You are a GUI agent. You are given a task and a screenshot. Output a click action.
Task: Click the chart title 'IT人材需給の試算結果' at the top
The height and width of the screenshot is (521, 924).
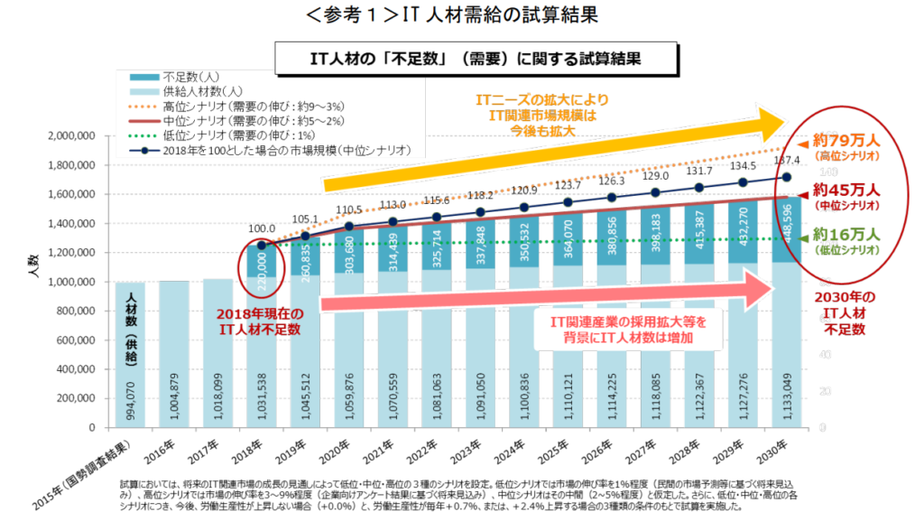coord(462,15)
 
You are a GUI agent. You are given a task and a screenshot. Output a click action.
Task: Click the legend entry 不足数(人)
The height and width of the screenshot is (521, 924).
coord(189,77)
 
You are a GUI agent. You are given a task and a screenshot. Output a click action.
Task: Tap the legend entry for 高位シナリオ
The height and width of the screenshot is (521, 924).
coord(245,106)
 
